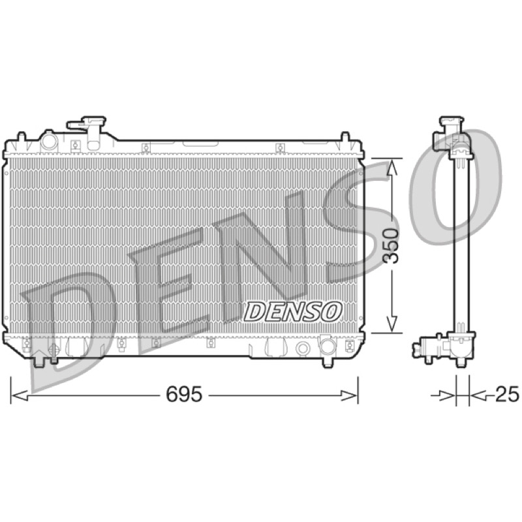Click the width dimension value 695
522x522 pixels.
coord(184,395)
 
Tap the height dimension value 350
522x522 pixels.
coord(391,246)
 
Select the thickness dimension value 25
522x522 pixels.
coord(507,394)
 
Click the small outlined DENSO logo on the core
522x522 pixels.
coord(293,312)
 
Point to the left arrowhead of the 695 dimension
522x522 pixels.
coord(20,396)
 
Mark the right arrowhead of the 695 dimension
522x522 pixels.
coord(349,396)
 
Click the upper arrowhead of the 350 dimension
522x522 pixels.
coord(392,168)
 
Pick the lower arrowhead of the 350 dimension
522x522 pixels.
coord(392,323)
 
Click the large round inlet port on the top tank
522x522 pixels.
coord(49,141)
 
